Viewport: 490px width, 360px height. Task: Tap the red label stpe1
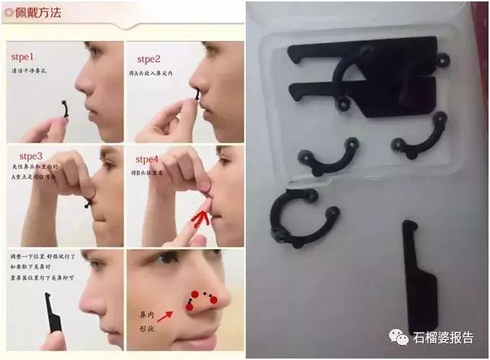[27, 56]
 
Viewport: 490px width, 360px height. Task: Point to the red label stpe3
[27, 155]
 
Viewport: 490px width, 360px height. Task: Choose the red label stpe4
[148, 158]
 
